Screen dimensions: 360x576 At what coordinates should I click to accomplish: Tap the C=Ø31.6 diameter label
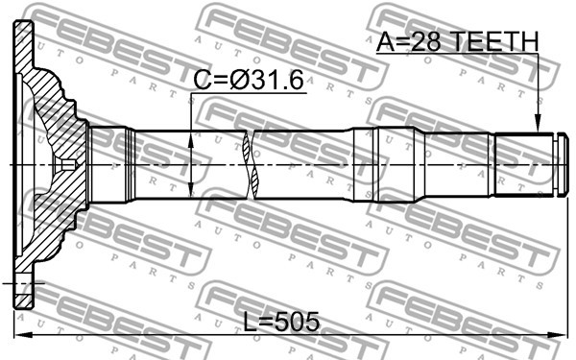[248, 82]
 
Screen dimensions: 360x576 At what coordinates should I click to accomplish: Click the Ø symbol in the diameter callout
[241, 82]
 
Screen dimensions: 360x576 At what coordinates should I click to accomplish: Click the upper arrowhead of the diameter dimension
[195, 134]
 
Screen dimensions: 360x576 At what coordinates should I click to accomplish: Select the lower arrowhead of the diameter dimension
[195, 193]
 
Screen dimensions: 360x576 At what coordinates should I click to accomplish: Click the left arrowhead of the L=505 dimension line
[21, 334]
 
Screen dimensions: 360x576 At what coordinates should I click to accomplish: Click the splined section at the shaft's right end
[523, 164]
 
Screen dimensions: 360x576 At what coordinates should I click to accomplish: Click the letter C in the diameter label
[203, 82]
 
